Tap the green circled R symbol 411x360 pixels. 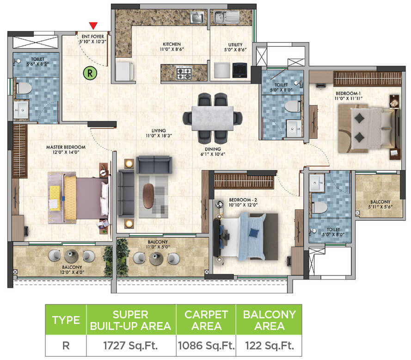(88, 72)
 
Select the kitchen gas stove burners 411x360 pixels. (185, 73)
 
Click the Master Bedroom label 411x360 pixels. (66, 147)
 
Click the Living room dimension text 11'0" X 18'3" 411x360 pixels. (155, 136)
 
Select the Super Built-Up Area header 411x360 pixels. (130, 320)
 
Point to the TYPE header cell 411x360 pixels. (66, 320)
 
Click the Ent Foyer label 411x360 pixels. (92, 35)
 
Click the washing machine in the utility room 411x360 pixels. (239, 71)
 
